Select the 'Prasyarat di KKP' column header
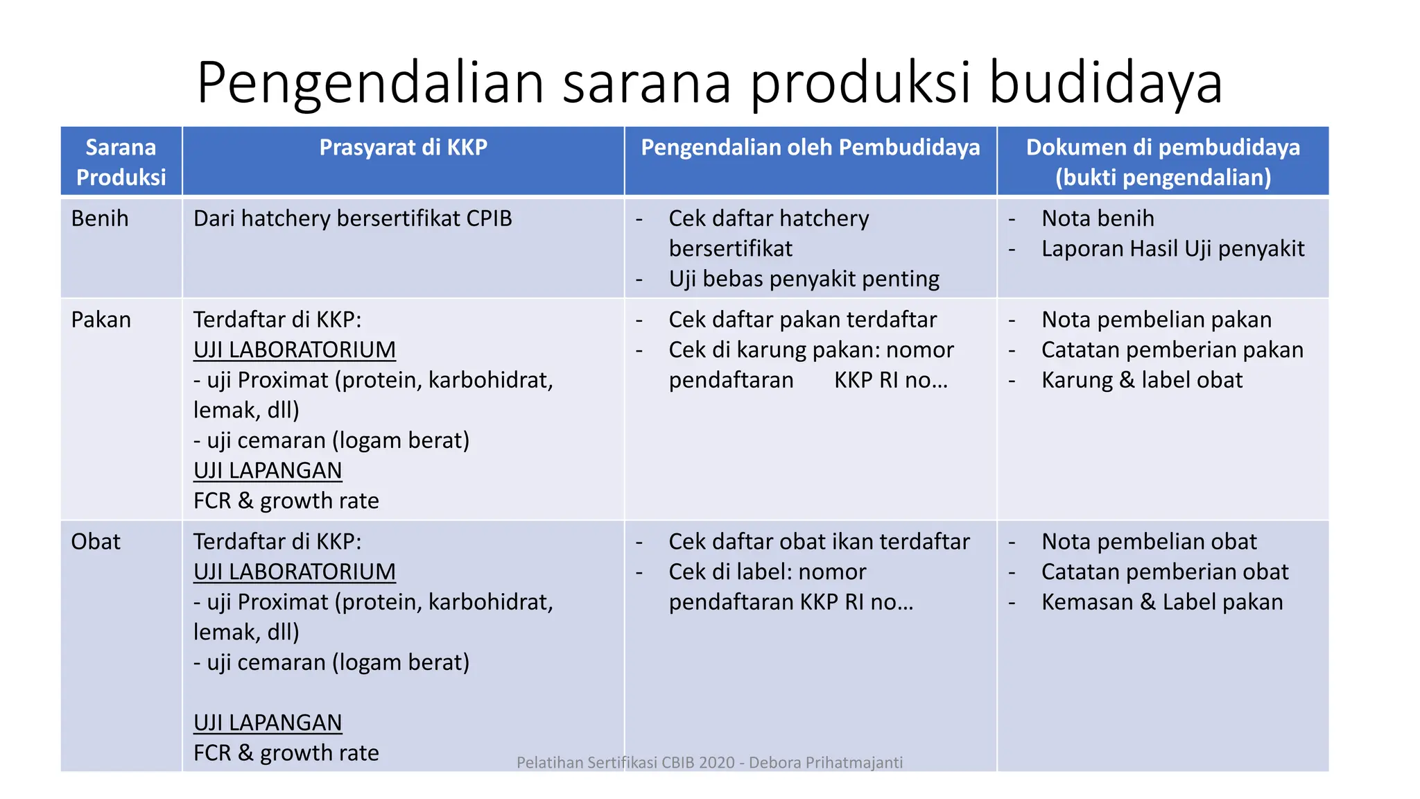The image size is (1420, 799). (403, 147)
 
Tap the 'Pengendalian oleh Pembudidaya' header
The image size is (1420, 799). (810, 147)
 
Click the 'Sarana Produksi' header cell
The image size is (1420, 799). (121, 162)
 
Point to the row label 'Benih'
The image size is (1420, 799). (100, 218)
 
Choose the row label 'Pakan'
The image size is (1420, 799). (101, 320)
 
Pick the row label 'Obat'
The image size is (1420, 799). (96, 542)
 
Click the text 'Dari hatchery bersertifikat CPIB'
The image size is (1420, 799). (352, 218)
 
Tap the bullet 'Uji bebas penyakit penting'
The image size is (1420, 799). (804, 279)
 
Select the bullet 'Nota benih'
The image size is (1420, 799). (1098, 218)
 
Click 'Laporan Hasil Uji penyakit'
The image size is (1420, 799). (1172, 249)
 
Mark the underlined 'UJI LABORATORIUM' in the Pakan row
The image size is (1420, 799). (295, 350)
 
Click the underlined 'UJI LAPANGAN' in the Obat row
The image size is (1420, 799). (268, 723)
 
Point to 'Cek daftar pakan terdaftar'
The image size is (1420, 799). (802, 320)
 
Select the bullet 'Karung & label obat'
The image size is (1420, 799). (1141, 380)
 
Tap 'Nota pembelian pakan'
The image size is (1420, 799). (1156, 320)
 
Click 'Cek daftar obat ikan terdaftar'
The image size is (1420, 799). (819, 542)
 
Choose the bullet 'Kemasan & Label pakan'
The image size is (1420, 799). (1161, 602)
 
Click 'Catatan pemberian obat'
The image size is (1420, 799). (1164, 572)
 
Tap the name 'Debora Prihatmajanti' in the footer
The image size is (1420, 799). (826, 763)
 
